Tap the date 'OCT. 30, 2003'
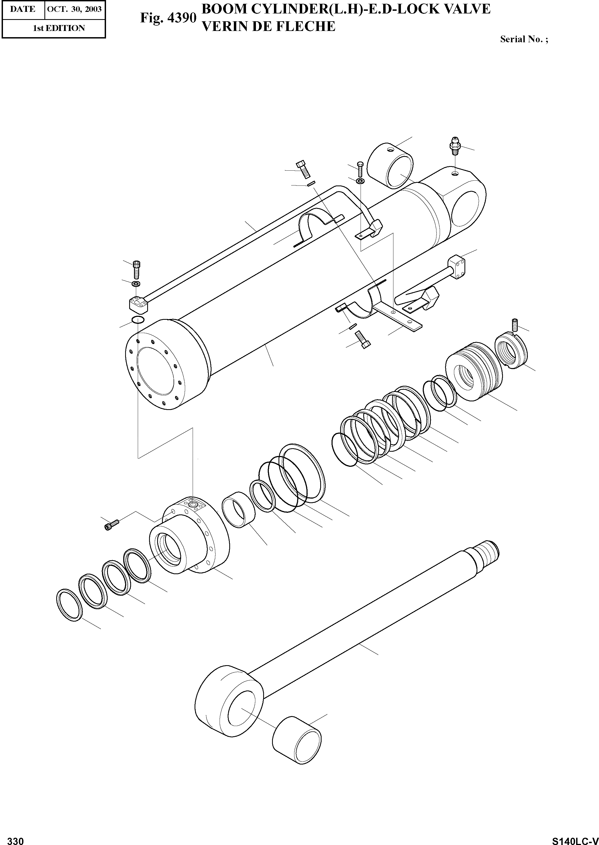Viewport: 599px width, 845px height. (x=75, y=9)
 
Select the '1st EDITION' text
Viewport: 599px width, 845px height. (x=59, y=28)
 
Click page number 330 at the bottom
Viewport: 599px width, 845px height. (x=16, y=838)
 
